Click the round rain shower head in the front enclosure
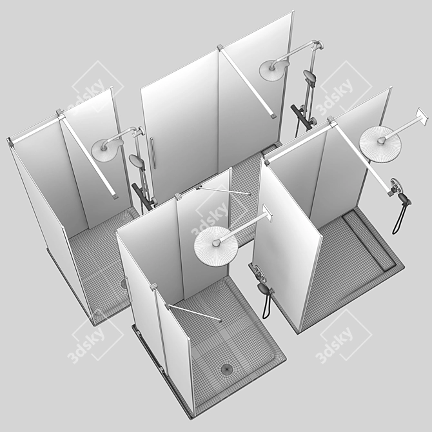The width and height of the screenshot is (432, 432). click(x=216, y=246)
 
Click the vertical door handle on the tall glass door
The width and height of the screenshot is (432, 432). click(x=153, y=153)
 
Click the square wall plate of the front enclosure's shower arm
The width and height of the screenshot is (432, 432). click(x=267, y=213)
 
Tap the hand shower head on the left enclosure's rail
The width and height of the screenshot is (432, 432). click(x=136, y=161)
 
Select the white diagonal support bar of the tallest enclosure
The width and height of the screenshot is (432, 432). click(x=247, y=82)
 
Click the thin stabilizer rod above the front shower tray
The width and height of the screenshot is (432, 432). click(x=194, y=313)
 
